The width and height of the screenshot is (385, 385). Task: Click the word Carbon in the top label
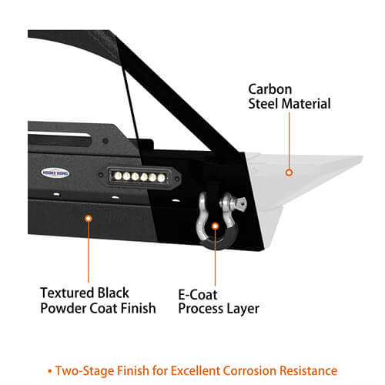pyautogui.click(x=270, y=89)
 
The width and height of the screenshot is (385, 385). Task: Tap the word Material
pyautogui.click(x=306, y=104)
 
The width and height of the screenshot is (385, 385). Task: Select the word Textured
pyautogui.click(x=67, y=293)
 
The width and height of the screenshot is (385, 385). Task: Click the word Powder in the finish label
pyautogui.click(x=63, y=308)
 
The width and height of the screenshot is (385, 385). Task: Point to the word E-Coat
pyautogui.click(x=198, y=295)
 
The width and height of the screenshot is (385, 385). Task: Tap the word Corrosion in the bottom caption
pyautogui.click(x=249, y=370)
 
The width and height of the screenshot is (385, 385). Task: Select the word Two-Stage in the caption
pyautogui.click(x=85, y=371)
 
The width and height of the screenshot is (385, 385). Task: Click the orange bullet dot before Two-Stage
pyautogui.click(x=50, y=371)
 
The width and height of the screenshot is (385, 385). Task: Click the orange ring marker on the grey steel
pyautogui.click(x=289, y=172)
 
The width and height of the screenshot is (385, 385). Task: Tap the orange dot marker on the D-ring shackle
pyautogui.click(x=215, y=226)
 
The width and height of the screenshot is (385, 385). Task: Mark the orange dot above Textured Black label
pyautogui.click(x=89, y=219)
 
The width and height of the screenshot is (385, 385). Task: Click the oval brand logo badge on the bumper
pyautogui.click(x=55, y=173)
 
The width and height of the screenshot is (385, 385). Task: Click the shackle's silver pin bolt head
pyautogui.click(x=241, y=203)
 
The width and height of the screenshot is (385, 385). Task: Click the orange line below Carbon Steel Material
pyautogui.click(x=289, y=140)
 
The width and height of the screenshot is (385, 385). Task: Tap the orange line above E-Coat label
pyautogui.click(x=215, y=257)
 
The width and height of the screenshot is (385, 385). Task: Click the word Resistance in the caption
pyautogui.click(x=308, y=370)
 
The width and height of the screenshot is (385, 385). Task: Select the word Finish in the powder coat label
pyautogui.click(x=138, y=308)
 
